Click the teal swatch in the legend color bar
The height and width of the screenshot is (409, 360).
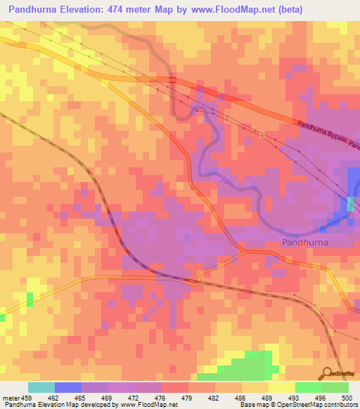point(41,387)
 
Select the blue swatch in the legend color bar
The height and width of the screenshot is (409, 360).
point(68,387)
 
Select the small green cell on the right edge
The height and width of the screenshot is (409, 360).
point(350,204)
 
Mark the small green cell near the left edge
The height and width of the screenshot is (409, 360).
point(30,299)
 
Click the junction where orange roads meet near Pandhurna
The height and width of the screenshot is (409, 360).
point(243,250)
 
